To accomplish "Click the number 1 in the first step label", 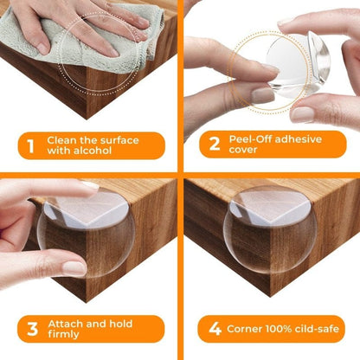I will coord(31,146).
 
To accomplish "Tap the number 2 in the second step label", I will coord(213,145).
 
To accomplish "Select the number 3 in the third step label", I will coord(31,328).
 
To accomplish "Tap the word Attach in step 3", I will coord(68,322).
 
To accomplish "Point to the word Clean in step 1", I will coord(67,138).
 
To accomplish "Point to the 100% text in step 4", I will coord(286,329).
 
